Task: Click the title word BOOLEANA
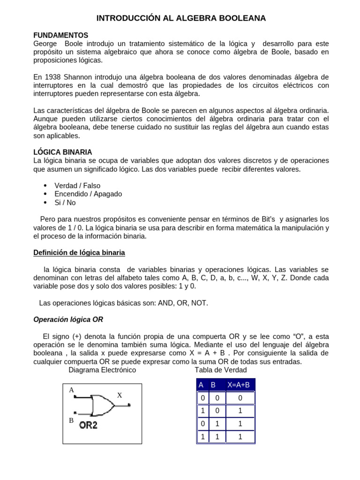[240, 18]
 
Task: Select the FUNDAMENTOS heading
[60, 35]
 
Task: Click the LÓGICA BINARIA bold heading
[63, 152]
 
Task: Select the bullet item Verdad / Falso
[77, 186]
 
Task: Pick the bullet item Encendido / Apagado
[88, 194]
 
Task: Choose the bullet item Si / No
[65, 202]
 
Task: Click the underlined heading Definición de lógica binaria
[79, 253]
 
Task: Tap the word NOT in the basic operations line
[199, 303]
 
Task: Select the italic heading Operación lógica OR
[68, 319]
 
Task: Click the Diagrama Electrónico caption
[102, 370]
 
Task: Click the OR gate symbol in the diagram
[102, 405]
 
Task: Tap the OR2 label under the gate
[88, 425]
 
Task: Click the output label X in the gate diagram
[120, 395]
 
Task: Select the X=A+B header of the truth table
[239, 385]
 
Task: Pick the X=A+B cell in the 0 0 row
[240, 398]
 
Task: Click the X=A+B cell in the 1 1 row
[240, 437]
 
